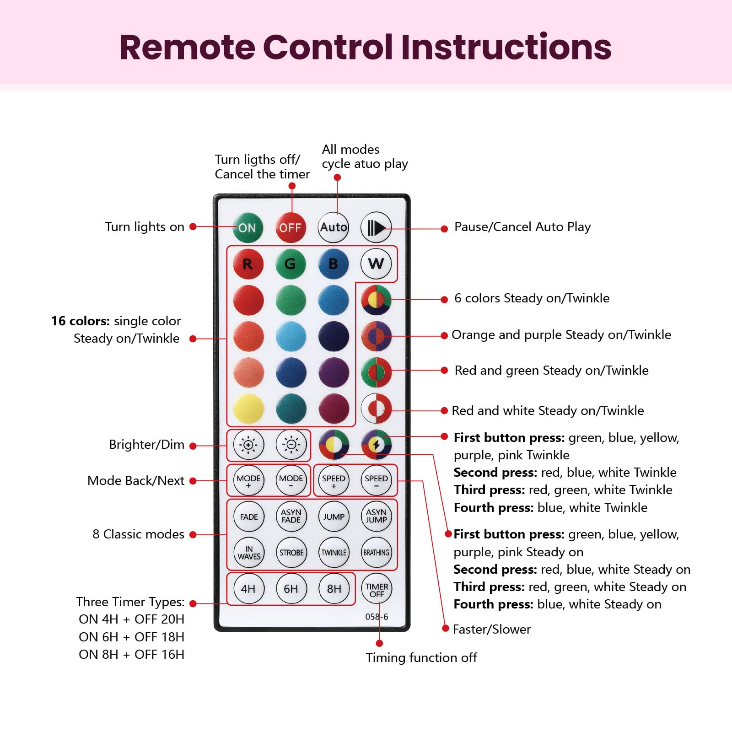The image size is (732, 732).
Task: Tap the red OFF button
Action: click(x=290, y=227)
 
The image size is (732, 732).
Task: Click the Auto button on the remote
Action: click(x=333, y=227)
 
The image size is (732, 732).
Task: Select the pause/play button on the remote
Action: click(x=376, y=227)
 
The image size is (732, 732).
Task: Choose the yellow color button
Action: click(x=248, y=408)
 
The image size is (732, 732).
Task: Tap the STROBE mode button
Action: click(x=291, y=553)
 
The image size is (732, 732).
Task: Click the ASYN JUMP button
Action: click(x=376, y=517)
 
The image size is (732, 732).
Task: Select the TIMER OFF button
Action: click(x=377, y=590)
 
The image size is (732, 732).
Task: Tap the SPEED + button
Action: click(x=334, y=481)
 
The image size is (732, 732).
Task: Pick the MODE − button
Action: click(x=291, y=481)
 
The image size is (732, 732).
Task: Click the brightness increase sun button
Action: click(x=248, y=444)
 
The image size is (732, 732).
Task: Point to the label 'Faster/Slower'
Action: click(x=491, y=630)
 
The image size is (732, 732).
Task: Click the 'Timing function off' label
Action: click(x=421, y=658)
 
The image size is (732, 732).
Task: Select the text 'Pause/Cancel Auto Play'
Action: click(x=522, y=227)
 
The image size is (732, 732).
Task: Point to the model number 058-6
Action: click(x=377, y=617)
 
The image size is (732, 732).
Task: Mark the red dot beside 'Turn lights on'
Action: click(x=193, y=226)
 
